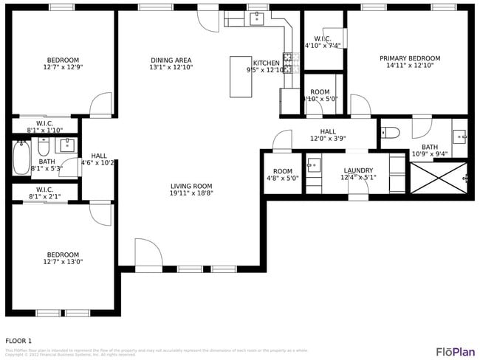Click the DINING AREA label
pos(171,60)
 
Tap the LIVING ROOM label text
pos(191,187)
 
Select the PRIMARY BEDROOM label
pos(410,58)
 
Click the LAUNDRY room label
pos(358,170)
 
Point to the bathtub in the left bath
pos(21,157)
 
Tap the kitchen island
pos(241,77)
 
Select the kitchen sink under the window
pos(258,18)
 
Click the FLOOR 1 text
pos(18,340)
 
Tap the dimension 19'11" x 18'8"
pos(191,193)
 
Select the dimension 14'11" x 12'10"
pos(410,66)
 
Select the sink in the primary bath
pos(459,135)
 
